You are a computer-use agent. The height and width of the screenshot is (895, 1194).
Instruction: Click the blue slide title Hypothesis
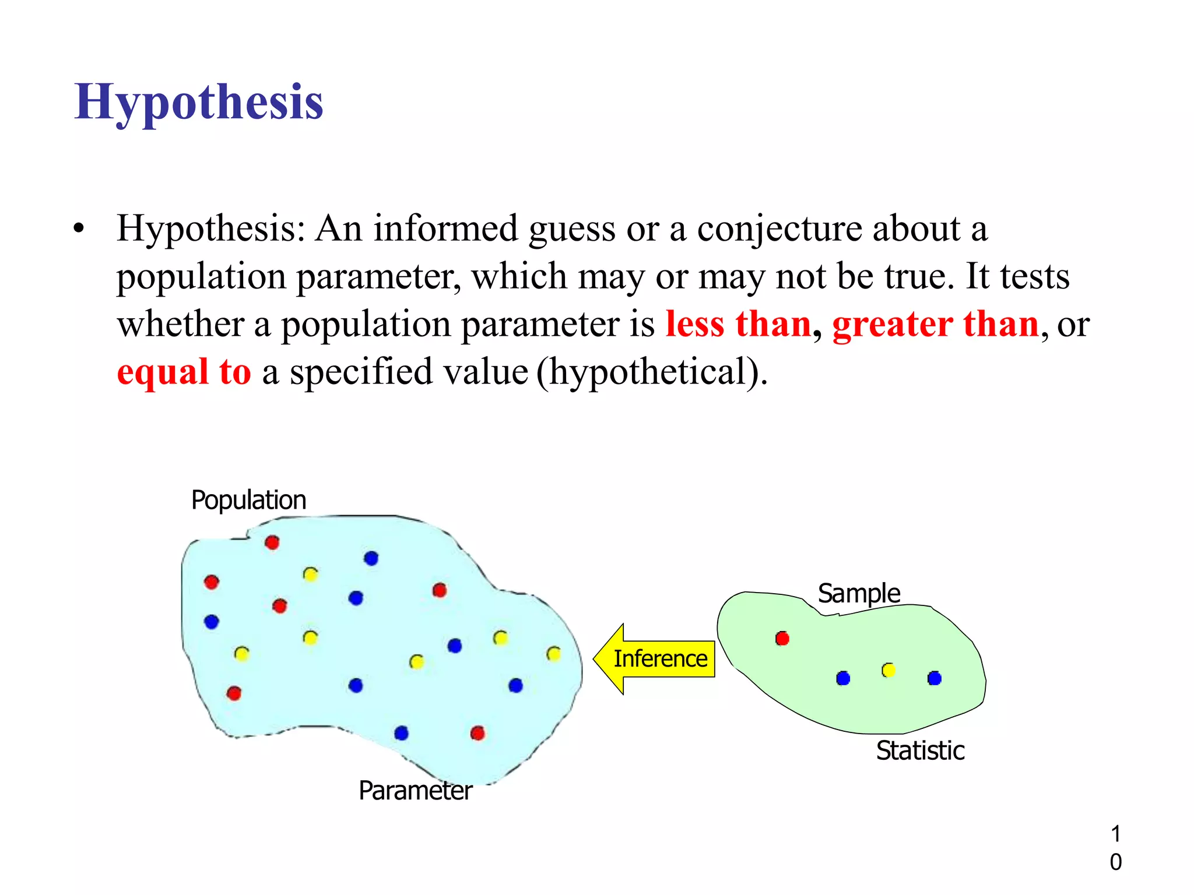click(x=199, y=103)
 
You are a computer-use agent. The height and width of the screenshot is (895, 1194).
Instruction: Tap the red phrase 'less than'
click(x=738, y=324)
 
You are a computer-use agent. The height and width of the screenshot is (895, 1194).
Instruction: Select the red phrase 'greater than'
click(x=935, y=324)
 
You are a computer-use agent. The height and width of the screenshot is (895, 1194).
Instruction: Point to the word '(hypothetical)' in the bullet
click(x=652, y=373)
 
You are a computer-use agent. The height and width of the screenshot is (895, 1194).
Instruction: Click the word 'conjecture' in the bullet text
click(x=779, y=228)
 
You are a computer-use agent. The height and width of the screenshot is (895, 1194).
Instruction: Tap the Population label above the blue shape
click(x=249, y=500)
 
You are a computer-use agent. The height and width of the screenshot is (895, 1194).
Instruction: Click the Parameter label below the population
click(x=415, y=791)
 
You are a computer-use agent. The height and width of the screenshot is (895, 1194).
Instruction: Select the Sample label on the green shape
click(x=859, y=593)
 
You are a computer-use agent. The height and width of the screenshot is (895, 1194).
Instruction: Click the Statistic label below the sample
click(x=920, y=750)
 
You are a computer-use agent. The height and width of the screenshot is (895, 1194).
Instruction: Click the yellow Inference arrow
click(x=655, y=659)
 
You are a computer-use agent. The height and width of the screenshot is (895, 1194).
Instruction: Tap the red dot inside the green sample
click(x=782, y=639)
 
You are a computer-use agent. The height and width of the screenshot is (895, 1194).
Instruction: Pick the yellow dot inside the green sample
click(x=889, y=670)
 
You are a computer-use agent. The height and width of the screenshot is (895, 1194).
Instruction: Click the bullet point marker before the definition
click(x=79, y=228)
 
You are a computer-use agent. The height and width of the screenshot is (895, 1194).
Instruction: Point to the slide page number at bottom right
click(x=1115, y=848)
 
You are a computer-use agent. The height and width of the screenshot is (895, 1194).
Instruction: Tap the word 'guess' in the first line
click(x=571, y=230)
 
